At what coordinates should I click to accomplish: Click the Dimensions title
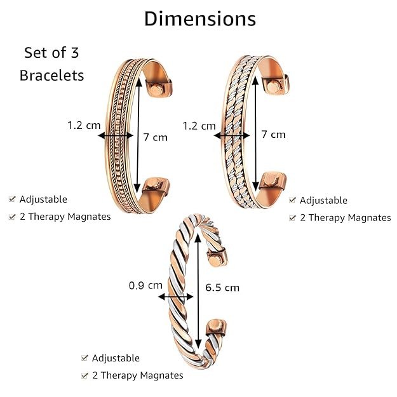click(x=199, y=18)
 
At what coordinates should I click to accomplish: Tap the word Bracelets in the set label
click(x=51, y=75)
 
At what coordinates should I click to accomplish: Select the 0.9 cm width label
click(x=145, y=285)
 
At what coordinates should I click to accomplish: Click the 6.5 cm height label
click(x=222, y=287)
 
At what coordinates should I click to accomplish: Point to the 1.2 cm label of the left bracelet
click(x=84, y=125)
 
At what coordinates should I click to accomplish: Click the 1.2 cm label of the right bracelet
click(x=199, y=125)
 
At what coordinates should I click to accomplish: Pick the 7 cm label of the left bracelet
click(x=156, y=137)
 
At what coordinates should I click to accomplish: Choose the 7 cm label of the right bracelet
click(x=273, y=134)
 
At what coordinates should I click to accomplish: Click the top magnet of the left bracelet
click(x=155, y=86)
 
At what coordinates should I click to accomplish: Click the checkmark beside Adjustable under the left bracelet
click(x=12, y=199)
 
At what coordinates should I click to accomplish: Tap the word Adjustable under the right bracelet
click(x=323, y=200)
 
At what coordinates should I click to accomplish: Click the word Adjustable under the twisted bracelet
click(x=116, y=358)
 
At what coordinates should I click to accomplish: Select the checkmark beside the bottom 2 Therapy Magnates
click(x=84, y=375)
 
